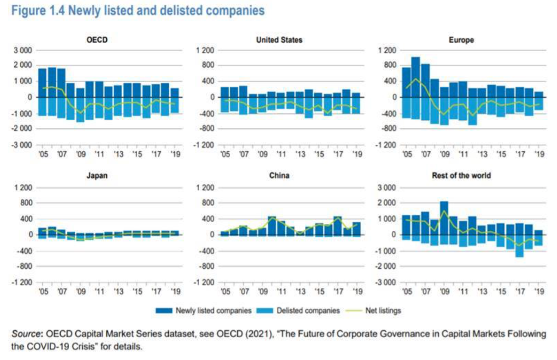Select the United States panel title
coord(279,40)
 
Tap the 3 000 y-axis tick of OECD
coord(23,50)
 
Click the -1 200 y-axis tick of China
coord(205,282)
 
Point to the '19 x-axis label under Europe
coord(538,154)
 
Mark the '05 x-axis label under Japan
coord(43,292)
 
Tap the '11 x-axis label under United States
coord(282,154)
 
